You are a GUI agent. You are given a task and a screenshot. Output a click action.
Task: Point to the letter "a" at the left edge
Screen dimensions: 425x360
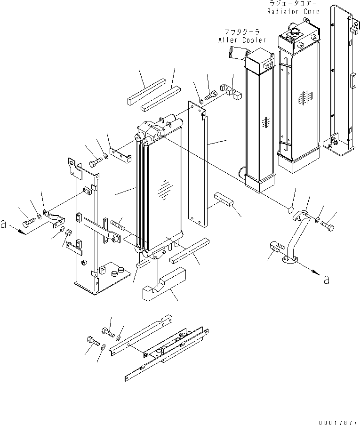coord(4,225)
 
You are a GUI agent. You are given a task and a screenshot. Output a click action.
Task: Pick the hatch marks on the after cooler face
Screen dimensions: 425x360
coord(265,122)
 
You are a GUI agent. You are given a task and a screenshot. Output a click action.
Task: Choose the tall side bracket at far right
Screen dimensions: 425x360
coord(340,80)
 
